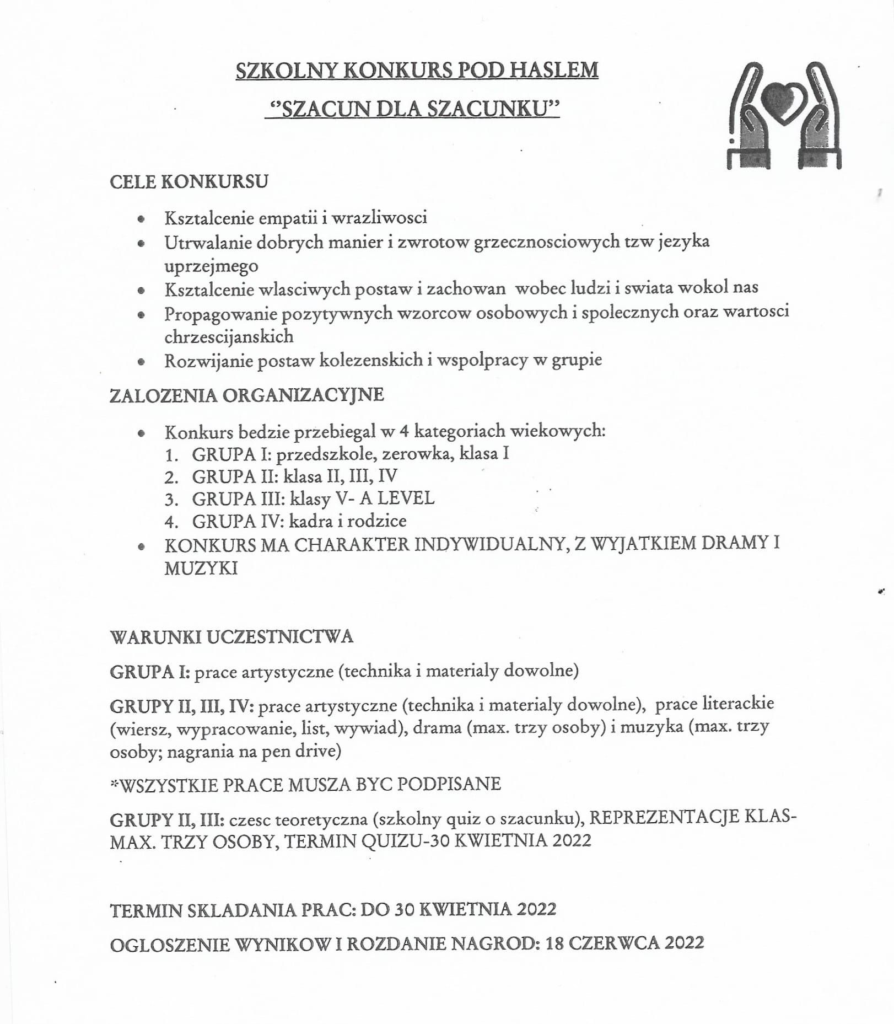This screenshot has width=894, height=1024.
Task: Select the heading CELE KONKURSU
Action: click(189, 181)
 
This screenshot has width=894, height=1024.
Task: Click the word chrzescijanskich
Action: click(229, 336)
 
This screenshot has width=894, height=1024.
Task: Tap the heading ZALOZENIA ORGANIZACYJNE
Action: click(246, 395)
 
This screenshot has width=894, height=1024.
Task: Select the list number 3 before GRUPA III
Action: click(171, 500)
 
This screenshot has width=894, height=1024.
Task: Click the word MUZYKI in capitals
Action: click(201, 568)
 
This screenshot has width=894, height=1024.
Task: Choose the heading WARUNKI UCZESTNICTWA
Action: click(231, 637)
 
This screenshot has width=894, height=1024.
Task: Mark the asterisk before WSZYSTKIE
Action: click(115, 783)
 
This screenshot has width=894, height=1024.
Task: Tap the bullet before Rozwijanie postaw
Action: click(142, 362)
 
